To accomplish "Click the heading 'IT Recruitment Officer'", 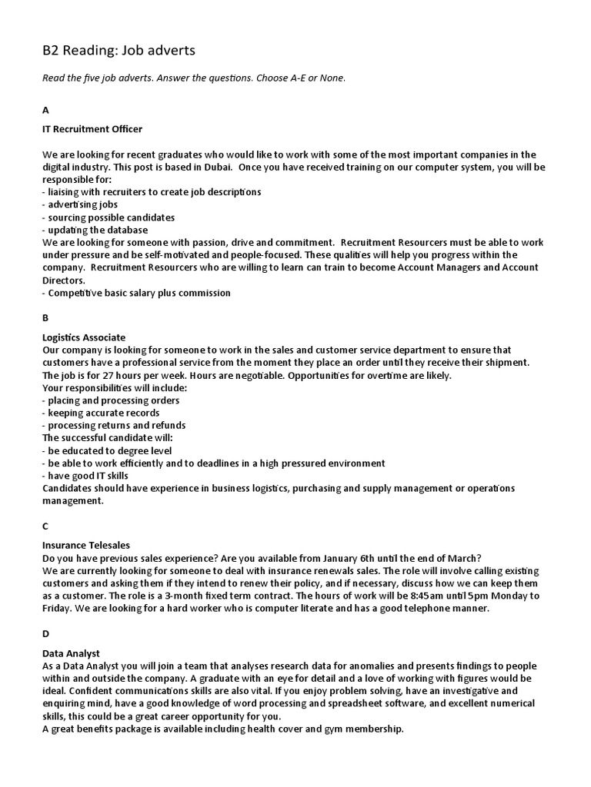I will click(92, 129).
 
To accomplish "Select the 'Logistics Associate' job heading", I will click(84, 337).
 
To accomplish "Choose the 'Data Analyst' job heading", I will click(71, 653).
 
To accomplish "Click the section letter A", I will click(45, 110).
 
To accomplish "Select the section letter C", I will click(45, 526).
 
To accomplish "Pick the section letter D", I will click(45, 634).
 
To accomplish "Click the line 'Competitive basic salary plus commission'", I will click(136, 293).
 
